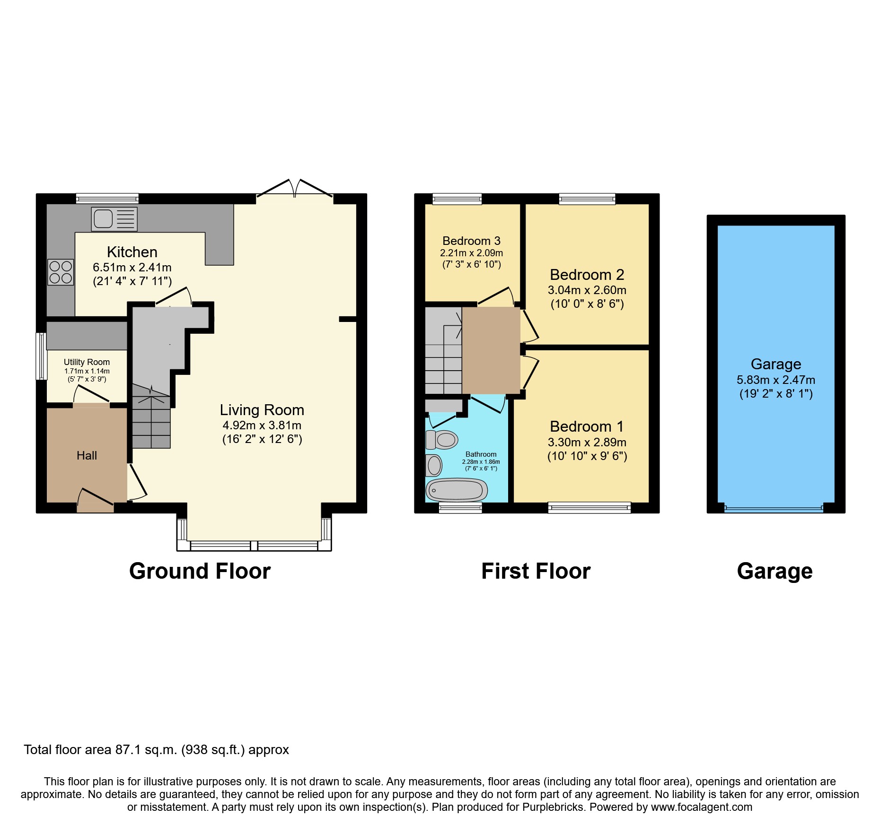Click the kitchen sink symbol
(x=114, y=219)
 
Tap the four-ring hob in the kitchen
(x=61, y=272)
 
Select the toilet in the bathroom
(x=442, y=440)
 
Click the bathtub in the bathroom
(x=457, y=490)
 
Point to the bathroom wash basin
(x=434, y=466)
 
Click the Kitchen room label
(x=132, y=252)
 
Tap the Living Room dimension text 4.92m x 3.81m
(x=262, y=425)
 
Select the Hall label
(x=87, y=455)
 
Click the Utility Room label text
(x=87, y=362)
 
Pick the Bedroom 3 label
(x=471, y=241)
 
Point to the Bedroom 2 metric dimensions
(x=587, y=290)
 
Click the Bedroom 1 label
(x=587, y=426)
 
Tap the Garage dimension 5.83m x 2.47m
(x=775, y=380)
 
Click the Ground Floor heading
(x=200, y=571)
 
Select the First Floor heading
(x=536, y=571)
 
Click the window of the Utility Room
(x=42, y=356)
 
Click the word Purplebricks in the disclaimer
(x=553, y=807)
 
